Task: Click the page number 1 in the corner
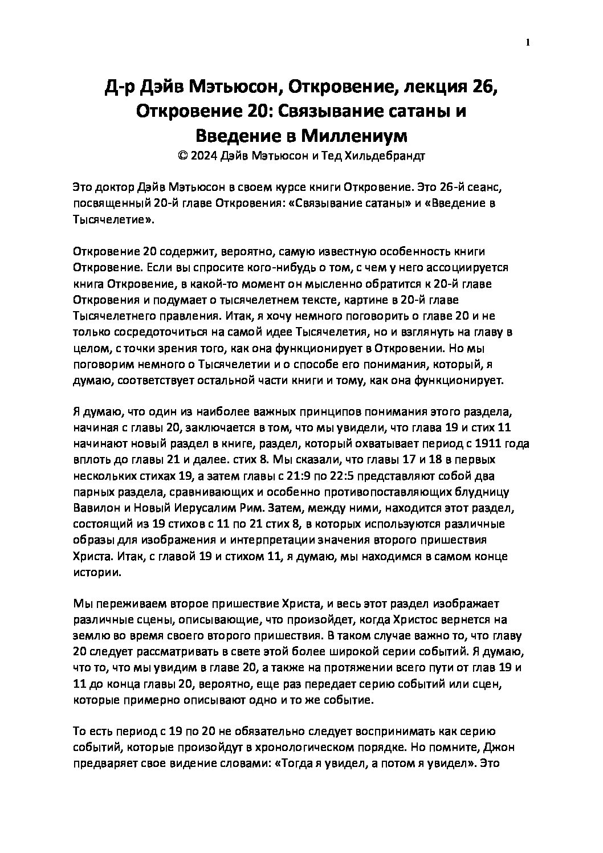coord(527,43)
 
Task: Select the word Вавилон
coord(93,507)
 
